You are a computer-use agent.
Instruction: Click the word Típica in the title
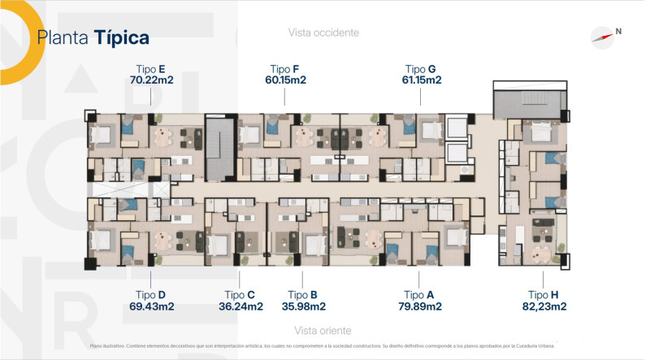coord(121,38)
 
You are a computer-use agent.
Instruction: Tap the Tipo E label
coord(151,69)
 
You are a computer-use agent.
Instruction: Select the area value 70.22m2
coord(152,80)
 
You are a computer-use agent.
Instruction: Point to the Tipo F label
coord(284,69)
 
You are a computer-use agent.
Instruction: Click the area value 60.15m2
coord(286,80)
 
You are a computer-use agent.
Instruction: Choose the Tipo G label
coord(420,69)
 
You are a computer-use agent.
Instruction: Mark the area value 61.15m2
coord(422,80)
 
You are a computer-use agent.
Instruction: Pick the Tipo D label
coord(150,295)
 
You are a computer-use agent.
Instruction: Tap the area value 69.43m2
coord(152,306)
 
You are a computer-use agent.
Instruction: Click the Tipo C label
coord(240,295)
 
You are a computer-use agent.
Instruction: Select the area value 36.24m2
coord(240,306)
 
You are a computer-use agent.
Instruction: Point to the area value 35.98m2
coord(304,306)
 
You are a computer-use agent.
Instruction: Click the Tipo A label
coord(418,295)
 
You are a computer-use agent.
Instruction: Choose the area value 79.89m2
coord(420,306)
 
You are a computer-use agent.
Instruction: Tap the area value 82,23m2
coord(544,306)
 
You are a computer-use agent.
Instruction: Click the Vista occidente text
coord(323,33)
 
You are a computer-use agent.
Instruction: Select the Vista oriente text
coord(323,331)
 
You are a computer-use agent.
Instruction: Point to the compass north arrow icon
coord(602,37)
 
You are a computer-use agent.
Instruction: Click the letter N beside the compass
coord(618,31)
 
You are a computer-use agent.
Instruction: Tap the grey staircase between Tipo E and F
coord(221,149)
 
